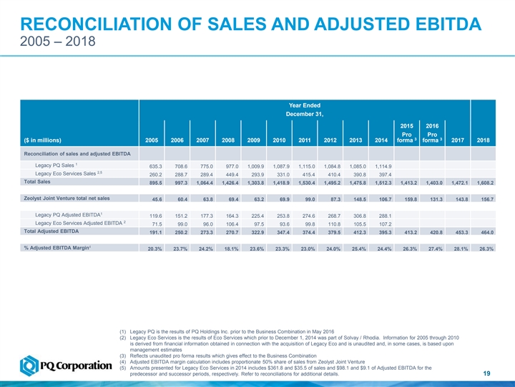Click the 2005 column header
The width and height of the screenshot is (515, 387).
152,140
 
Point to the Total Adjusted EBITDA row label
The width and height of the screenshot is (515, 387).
51,231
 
